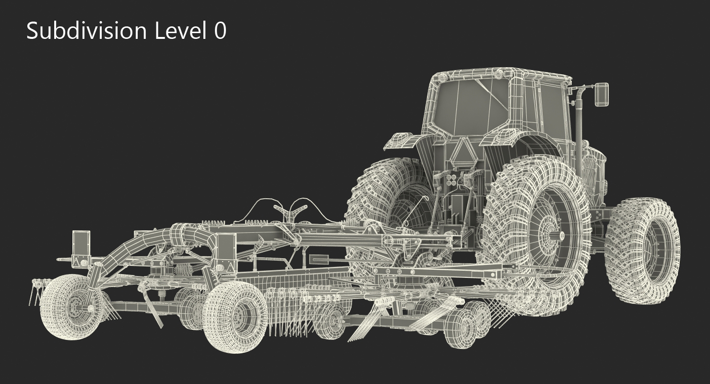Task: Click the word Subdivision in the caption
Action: (86, 31)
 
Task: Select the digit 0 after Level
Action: (220, 31)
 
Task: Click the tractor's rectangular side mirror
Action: (602, 94)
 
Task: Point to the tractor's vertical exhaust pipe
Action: (579, 127)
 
